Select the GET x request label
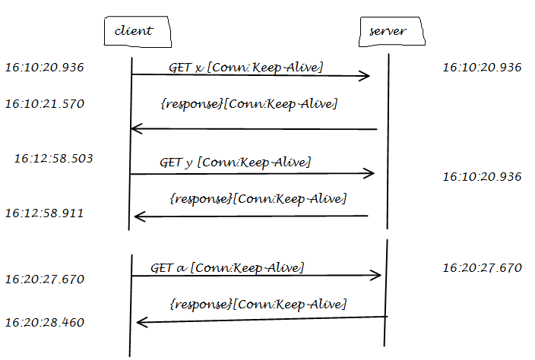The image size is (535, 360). (x=245, y=68)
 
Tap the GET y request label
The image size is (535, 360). (x=235, y=162)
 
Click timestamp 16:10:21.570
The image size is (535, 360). (x=44, y=103)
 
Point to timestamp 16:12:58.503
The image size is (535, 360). (x=53, y=158)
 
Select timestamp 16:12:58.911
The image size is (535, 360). (x=44, y=213)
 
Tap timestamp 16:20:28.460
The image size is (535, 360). (x=44, y=322)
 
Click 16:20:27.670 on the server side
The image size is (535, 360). (x=482, y=267)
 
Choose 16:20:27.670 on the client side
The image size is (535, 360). (x=44, y=279)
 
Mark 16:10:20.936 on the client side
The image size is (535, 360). (x=44, y=68)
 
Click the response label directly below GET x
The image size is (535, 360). (x=249, y=103)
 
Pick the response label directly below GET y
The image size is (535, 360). (x=257, y=198)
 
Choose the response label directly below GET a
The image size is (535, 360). (x=257, y=304)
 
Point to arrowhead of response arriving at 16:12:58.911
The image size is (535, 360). (x=138, y=217)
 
